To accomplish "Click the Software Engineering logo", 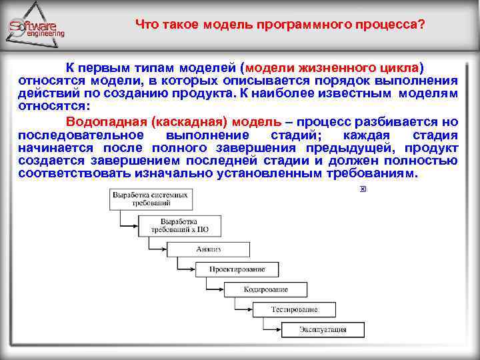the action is (37, 28).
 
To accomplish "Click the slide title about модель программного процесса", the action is (280, 25).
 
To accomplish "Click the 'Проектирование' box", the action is (237, 269).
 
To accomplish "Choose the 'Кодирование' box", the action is (265, 289).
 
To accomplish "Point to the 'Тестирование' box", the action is (294, 309).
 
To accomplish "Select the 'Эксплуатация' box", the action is (323, 329).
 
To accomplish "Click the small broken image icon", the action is (363, 189).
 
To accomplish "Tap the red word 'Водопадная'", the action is (106, 122).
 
